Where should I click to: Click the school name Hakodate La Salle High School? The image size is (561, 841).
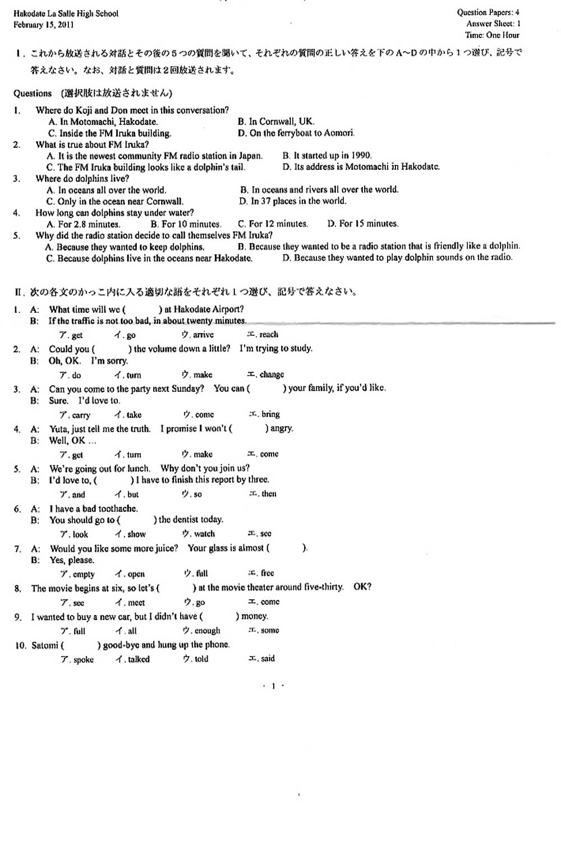pos(66,13)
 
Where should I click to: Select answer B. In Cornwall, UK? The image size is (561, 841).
pos(276,122)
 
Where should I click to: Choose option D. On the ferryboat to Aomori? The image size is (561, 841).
pos(296,133)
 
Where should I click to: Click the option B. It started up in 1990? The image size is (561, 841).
pos(327,155)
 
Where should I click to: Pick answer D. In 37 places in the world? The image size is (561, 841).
pos(293,201)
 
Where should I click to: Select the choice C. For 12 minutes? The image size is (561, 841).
pos(273,224)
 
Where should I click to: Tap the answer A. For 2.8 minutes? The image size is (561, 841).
pos(84,224)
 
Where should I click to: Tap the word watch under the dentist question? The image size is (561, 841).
pos(204,534)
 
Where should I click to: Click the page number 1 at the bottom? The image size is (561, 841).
pos(273,686)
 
